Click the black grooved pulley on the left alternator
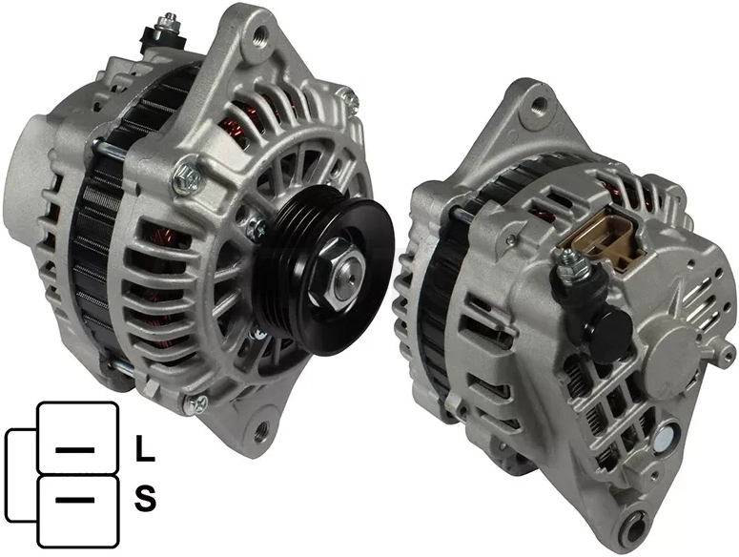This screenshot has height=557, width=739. [325, 270]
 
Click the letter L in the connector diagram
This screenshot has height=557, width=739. [145, 448]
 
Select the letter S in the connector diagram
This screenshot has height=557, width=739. [145, 499]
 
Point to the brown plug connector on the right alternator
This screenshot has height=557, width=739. [602, 238]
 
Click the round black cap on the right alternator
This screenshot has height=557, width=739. [608, 331]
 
